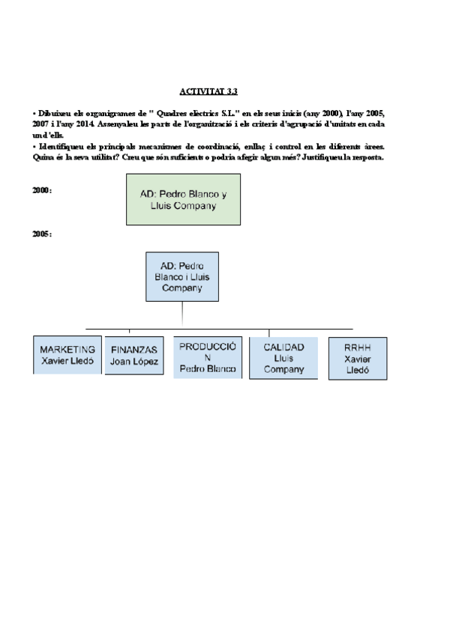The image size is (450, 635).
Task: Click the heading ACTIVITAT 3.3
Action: click(x=208, y=91)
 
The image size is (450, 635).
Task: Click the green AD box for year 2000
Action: click(x=183, y=199)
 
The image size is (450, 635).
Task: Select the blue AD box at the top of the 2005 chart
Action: click(x=182, y=276)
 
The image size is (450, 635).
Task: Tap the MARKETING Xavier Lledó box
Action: click(x=67, y=355)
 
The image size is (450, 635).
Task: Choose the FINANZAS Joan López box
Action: click(x=134, y=356)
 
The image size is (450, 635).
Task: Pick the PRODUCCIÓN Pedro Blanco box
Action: click(x=208, y=357)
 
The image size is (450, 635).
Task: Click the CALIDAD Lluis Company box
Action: click(x=283, y=358)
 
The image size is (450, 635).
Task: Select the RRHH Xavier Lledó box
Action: click(x=358, y=359)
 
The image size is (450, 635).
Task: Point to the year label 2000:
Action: click(x=42, y=191)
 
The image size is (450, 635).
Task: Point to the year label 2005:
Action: click(x=42, y=234)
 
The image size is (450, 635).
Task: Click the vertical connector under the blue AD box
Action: click(x=182, y=315)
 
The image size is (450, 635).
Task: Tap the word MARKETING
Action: click(x=67, y=350)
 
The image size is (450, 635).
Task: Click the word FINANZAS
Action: click(x=134, y=350)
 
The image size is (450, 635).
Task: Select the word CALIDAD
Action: click(x=283, y=347)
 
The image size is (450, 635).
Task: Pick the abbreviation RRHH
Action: click(x=358, y=348)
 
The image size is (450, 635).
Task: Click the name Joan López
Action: click(x=134, y=362)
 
